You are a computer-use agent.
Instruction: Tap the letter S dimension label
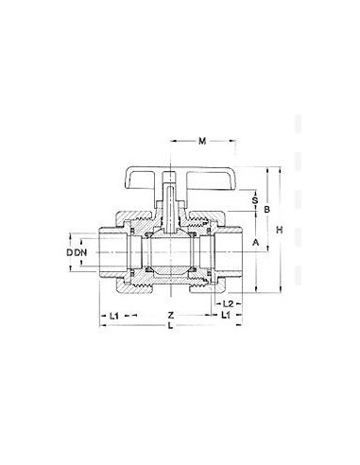tap(254, 199)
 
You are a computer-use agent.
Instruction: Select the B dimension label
tap(268, 208)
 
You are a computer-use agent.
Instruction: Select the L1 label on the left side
tap(113, 313)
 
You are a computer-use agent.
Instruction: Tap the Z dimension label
tap(170, 313)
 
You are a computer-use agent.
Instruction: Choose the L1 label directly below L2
tap(227, 314)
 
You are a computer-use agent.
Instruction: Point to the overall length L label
tap(170, 326)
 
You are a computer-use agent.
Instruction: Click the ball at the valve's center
tap(170, 253)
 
